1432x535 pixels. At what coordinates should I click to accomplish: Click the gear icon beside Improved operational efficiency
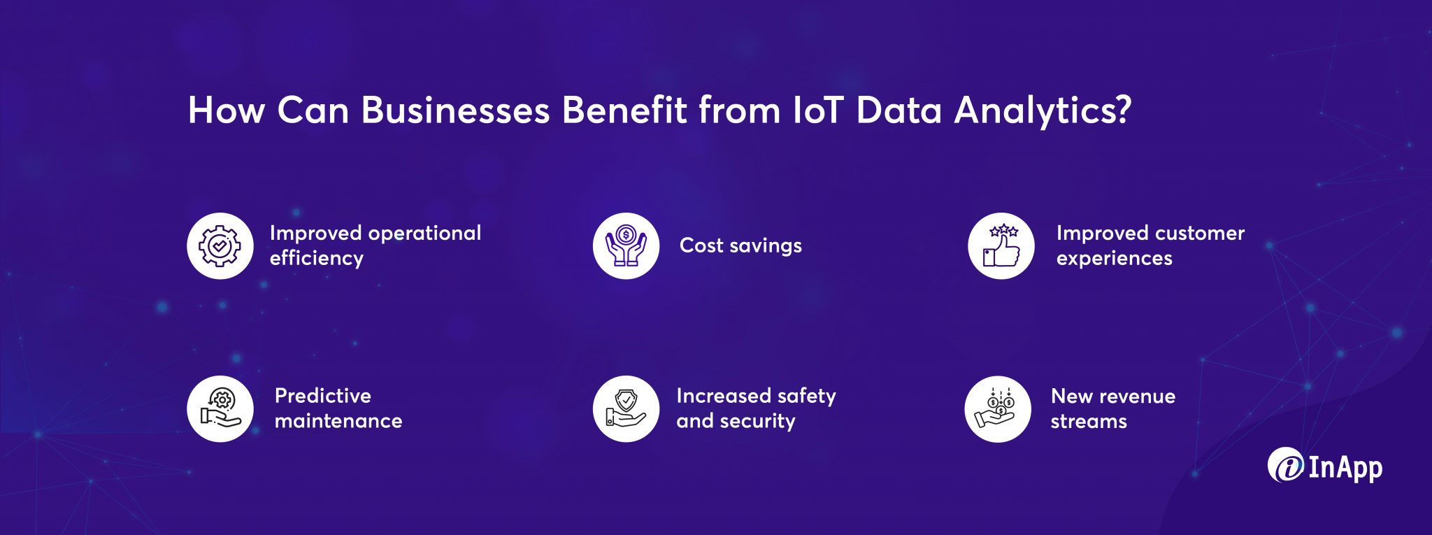pyautogui.click(x=220, y=246)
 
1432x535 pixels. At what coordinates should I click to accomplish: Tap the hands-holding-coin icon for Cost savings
pyautogui.click(x=626, y=246)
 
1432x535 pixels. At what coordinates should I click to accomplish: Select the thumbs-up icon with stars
pyautogui.click(x=1001, y=246)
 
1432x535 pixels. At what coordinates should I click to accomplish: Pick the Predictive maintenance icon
pyautogui.click(x=220, y=409)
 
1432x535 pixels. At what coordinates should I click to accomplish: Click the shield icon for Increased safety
pyautogui.click(x=626, y=409)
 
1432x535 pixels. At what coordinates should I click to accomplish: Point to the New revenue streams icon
pyautogui.click(x=998, y=409)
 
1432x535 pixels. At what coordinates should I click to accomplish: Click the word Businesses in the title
pyautogui.click(x=455, y=110)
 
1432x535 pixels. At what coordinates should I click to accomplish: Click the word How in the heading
pyautogui.click(x=226, y=110)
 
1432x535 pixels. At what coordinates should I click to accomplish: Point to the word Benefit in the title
pyautogui.click(x=624, y=110)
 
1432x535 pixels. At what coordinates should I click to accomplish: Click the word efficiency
pyautogui.click(x=317, y=259)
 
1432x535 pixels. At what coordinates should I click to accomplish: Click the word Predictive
pyautogui.click(x=323, y=397)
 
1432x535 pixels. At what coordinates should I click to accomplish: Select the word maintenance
pyautogui.click(x=338, y=421)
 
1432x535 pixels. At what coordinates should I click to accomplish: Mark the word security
pyautogui.click(x=757, y=421)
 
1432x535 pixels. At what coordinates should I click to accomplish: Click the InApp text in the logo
pyautogui.click(x=1345, y=468)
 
